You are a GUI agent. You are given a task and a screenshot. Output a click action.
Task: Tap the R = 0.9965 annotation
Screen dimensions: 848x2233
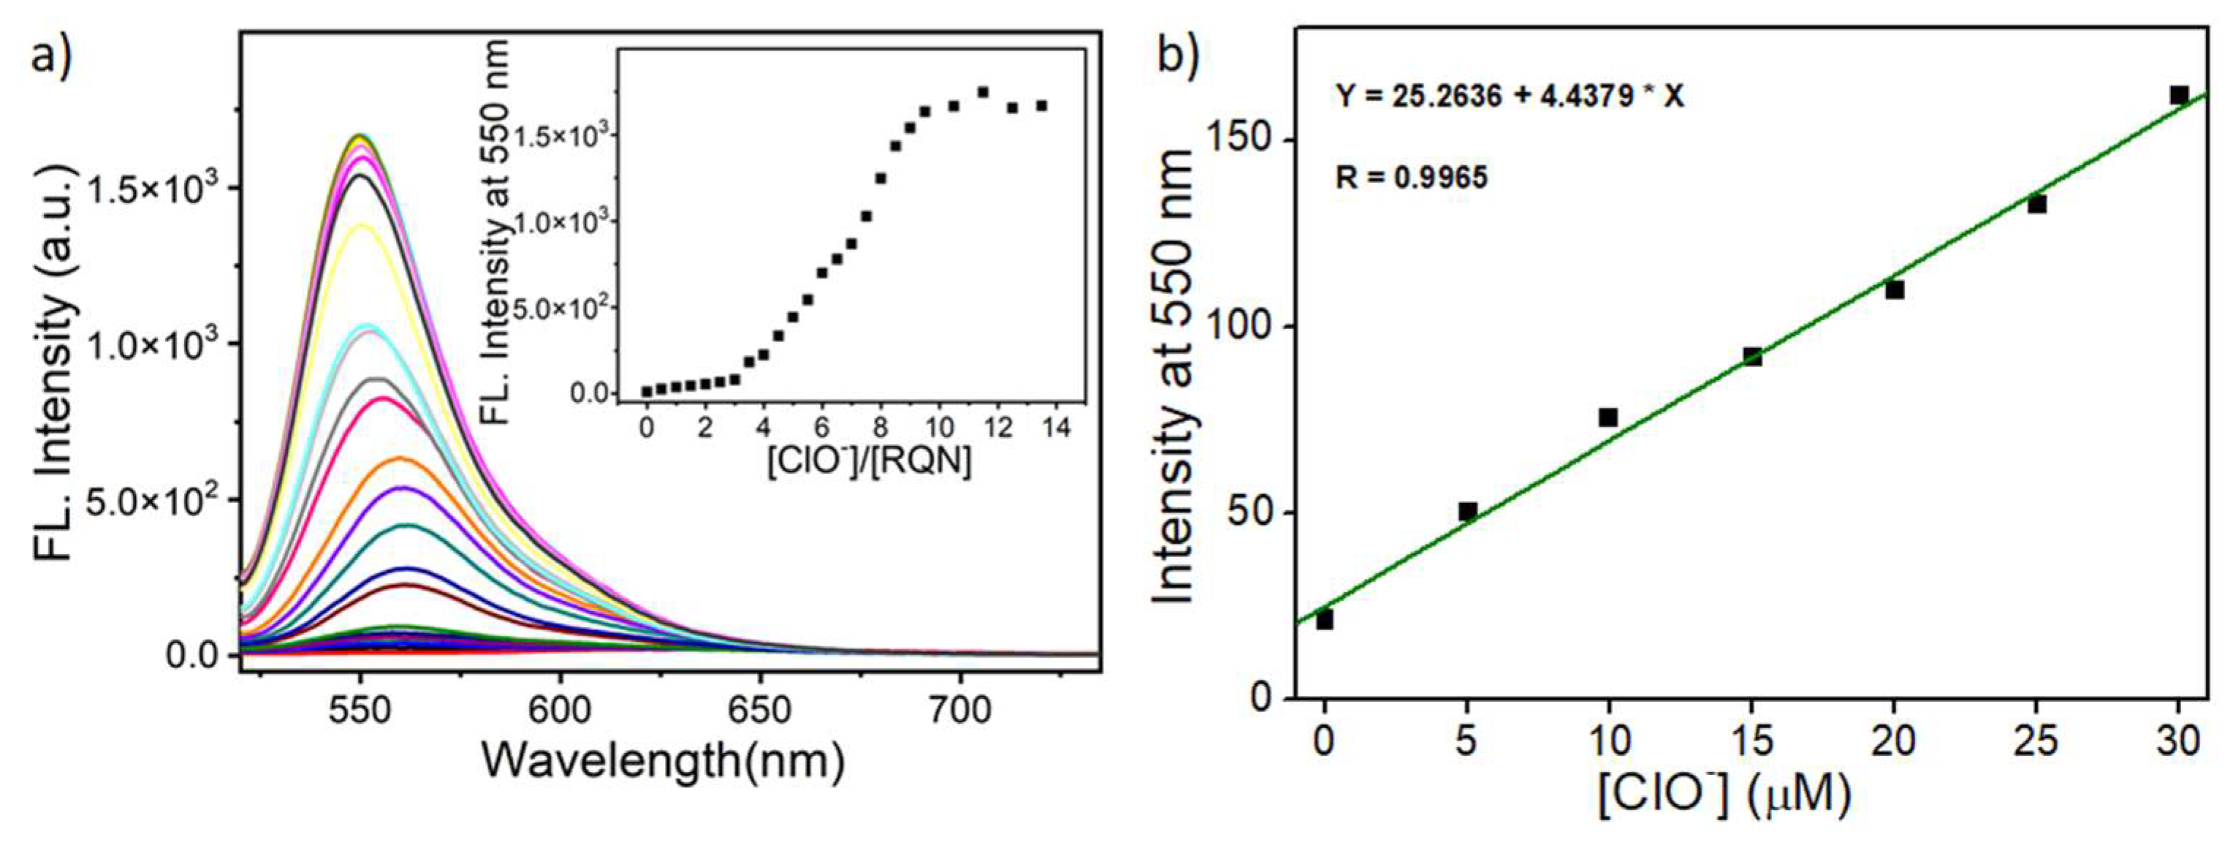tap(1411, 178)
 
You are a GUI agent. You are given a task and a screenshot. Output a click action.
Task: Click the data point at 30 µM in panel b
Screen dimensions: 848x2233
tap(2179, 95)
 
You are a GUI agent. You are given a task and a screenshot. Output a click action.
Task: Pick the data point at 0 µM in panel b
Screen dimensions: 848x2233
tap(1325, 620)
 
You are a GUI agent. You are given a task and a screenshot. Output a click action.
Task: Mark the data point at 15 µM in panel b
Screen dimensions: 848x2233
tap(1753, 356)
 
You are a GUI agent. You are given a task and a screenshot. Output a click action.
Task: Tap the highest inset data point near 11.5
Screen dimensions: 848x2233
tap(983, 92)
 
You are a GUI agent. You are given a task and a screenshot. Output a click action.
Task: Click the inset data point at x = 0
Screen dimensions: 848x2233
tap(647, 392)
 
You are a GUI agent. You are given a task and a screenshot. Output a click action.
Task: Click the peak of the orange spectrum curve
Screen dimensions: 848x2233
tap(400, 458)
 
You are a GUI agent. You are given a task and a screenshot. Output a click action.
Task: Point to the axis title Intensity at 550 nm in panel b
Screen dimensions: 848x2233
tap(1176, 377)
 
